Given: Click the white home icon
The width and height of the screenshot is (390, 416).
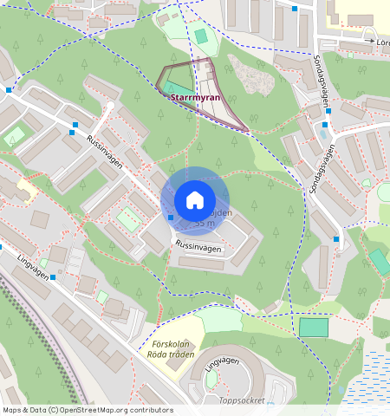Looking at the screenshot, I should point(195,200).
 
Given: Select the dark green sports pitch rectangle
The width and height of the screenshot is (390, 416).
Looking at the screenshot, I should point(314,328).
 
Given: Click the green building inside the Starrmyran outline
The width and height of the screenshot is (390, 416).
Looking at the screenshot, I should point(179,88).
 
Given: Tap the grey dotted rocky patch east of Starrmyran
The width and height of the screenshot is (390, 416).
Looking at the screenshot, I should point(250,75).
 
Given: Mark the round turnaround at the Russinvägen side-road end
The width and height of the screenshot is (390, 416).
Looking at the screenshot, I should point(110,107).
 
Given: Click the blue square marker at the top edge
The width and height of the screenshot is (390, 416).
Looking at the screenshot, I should point(295,9).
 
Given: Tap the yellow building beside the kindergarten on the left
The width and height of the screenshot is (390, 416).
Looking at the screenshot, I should point(25,186).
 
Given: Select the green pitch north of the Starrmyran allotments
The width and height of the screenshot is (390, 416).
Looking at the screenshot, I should point(201,36).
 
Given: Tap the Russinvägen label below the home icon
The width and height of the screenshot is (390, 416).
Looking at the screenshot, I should point(198,246).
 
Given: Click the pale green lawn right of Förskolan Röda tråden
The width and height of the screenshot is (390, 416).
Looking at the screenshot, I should point(218,320).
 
